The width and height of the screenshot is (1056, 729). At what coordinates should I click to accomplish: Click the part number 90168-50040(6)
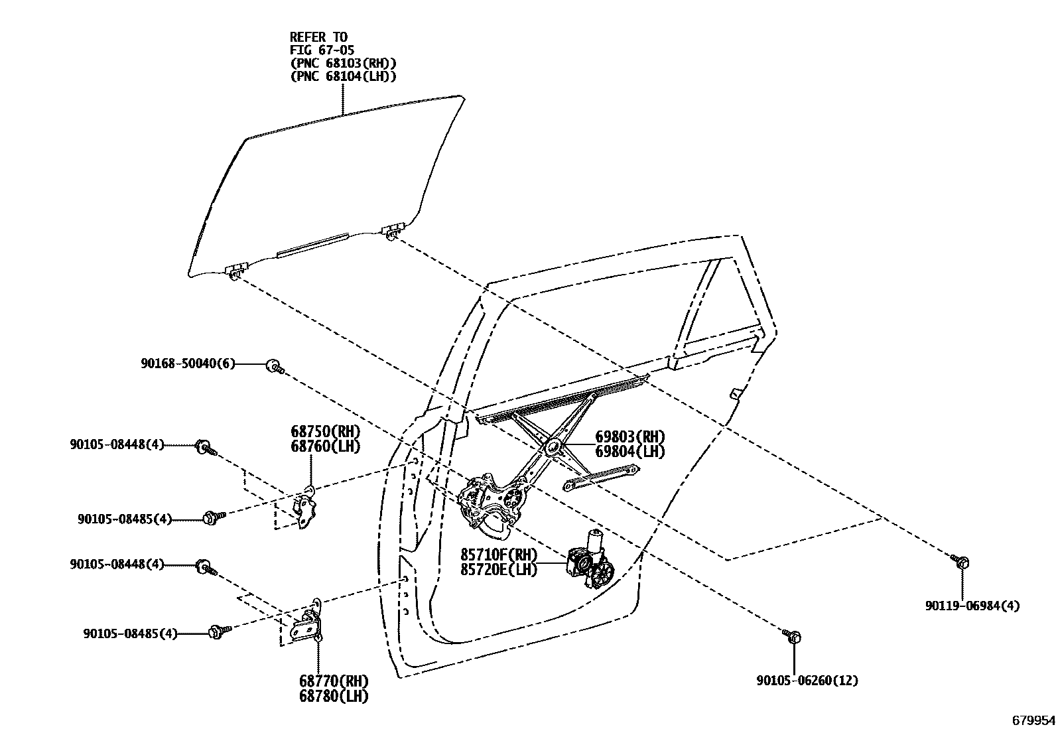click(x=188, y=364)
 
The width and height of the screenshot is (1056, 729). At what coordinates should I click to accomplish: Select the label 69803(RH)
click(x=629, y=437)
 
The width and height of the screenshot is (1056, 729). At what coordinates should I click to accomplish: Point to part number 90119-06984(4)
click(x=972, y=606)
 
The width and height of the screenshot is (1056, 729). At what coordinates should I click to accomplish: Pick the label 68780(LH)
click(x=334, y=696)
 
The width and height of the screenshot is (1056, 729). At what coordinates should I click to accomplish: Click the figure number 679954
click(x=1033, y=720)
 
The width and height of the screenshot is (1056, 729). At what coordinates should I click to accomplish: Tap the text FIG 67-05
click(x=323, y=50)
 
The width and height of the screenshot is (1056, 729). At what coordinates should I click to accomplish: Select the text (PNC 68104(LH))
click(x=343, y=76)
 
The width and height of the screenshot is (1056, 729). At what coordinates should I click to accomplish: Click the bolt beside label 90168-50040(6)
click(x=274, y=365)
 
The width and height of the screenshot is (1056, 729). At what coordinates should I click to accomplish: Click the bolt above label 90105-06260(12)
click(x=792, y=637)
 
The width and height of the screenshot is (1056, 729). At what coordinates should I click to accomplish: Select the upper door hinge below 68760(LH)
click(x=306, y=507)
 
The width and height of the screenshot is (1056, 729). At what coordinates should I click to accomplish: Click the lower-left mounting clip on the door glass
click(x=237, y=269)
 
